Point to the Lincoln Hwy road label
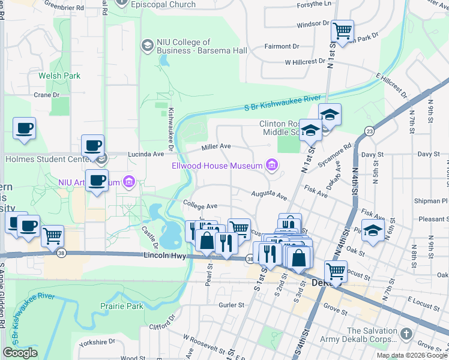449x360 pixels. [x=164, y=256]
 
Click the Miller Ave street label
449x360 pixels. [x=216, y=146]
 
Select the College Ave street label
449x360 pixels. [x=200, y=206]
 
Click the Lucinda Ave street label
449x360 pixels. [x=145, y=154]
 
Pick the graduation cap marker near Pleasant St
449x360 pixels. [x=373, y=231]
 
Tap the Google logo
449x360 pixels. [x=20, y=353]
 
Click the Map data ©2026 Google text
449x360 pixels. [x=412, y=355]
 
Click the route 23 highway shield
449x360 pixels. [x=369, y=131]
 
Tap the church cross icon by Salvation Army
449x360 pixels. [x=406, y=333]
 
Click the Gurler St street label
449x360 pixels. [x=231, y=305]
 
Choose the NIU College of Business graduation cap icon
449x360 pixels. [x=147, y=46]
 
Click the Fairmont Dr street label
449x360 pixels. [x=282, y=46]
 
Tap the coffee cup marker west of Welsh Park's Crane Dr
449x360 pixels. [x=24, y=128]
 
